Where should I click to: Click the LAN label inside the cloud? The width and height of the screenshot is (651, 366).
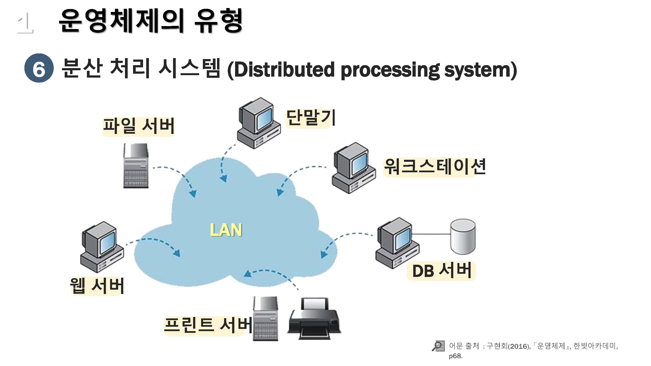tap(226, 230)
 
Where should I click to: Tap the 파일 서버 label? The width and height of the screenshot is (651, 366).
tap(138, 126)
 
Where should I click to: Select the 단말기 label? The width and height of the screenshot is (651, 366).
tap(310, 118)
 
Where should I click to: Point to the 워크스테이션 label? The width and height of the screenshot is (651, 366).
tap(434, 167)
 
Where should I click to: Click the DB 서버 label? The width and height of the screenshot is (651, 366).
tap(441, 271)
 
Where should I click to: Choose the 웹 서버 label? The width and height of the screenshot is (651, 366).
tap(97, 286)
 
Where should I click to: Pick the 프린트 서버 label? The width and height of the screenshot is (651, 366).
tap(208, 325)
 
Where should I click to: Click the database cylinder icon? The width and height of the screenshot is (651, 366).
tap(463, 236)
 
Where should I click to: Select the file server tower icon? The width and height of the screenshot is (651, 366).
tap(136, 166)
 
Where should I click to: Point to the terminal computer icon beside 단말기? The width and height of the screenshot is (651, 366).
tap(258, 123)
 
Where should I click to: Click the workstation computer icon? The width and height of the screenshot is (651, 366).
tap(353, 168)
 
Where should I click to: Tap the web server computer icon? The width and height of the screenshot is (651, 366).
tap(102, 247)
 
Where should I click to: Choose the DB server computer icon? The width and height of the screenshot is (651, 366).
tap(397, 243)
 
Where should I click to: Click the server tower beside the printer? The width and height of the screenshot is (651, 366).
tap(266, 319)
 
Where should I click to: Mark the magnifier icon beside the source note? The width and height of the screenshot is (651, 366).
tap(438, 346)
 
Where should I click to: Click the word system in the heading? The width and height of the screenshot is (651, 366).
tap(480, 70)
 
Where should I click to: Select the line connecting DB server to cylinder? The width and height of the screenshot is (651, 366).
tap(431, 234)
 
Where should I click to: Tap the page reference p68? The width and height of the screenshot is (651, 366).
tap(455, 356)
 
